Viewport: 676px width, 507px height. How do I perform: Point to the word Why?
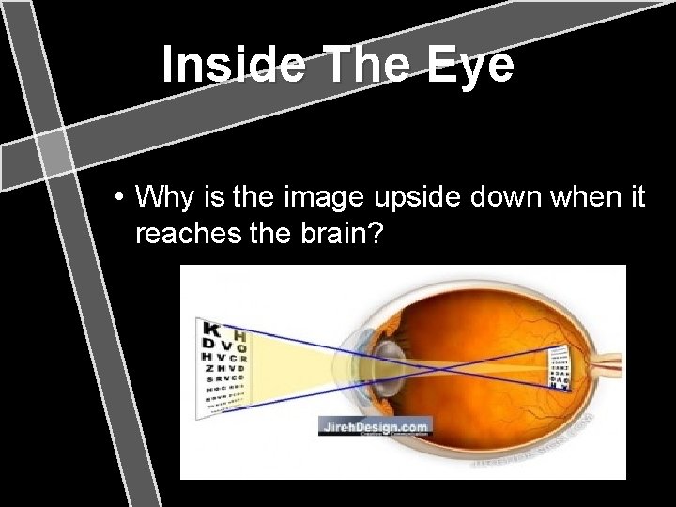[x=161, y=199]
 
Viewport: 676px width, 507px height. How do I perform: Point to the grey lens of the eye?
[x=386, y=361]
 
